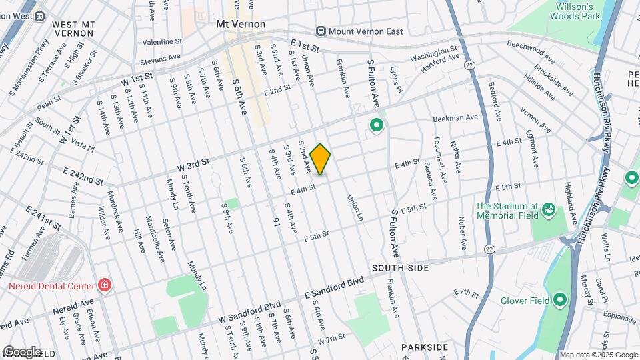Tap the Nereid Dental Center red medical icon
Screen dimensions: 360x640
click(104, 285)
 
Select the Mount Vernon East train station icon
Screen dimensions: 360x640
click(321, 31)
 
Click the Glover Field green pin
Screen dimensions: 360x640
click(559, 300)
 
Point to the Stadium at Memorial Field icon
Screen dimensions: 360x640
click(549, 210)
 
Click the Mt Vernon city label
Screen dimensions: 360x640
click(241, 24)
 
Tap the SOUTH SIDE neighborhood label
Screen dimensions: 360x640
click(400, 267)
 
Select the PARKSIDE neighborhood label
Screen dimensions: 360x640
click(425, 347)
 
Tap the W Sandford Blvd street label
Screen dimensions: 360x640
click(249, 315)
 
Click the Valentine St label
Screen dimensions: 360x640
click(162, 42)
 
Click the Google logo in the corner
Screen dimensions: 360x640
click(21, 351)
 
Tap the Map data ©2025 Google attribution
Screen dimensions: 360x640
click(598, 355)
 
